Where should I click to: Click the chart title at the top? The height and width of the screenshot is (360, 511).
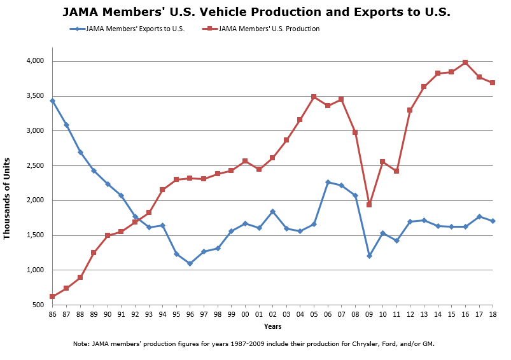coord(256,12)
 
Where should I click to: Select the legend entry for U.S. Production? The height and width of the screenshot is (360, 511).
coord(268,29)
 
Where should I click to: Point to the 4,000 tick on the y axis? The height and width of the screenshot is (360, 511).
coord(34,61)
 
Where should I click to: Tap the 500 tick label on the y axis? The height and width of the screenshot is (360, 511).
coord(38,305)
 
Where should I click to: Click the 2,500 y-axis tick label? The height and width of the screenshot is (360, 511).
coord(34,166)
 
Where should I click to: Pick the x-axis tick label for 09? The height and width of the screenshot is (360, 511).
coord(369,314)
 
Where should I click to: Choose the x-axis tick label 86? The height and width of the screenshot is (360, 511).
coord(52,314)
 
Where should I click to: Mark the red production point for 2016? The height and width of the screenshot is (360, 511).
coord(466,62)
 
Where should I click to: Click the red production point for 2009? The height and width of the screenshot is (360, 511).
coord(369,205)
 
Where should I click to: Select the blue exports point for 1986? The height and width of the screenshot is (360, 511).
coord(52,100)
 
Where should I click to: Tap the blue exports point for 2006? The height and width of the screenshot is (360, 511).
coord(328,183)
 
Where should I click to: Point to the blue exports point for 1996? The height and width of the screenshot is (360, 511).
coord(190,263)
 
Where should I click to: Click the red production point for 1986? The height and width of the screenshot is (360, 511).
coord(52,296)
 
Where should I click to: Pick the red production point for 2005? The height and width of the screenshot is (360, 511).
coord(314,97)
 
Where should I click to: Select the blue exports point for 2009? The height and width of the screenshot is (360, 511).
coord(369,256)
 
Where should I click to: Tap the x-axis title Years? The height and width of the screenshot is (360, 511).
coord(273,326)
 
